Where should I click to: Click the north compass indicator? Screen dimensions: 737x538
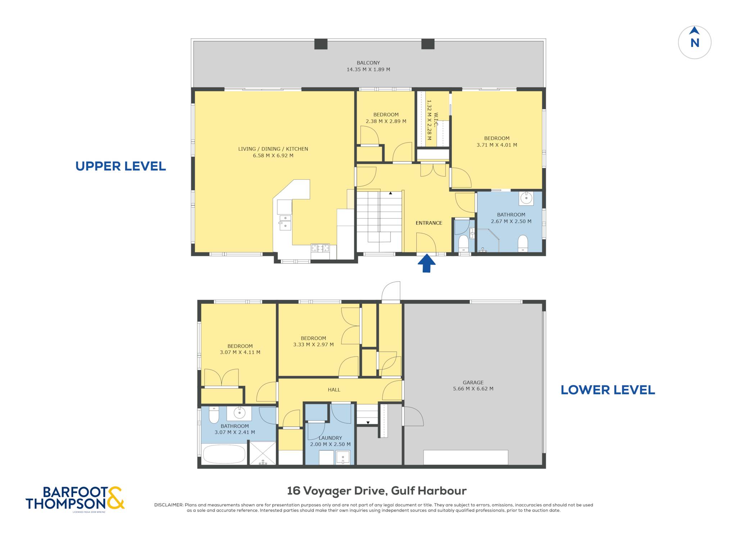(x=695, y=42)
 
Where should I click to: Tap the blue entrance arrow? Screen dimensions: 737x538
(x=426, y=263)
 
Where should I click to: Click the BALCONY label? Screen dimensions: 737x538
(x=368, y=63)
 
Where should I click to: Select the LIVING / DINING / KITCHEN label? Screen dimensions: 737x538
(x=273, y=149)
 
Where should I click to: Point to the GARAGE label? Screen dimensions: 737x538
(x=473, y=382)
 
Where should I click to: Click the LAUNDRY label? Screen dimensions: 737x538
(x=330, y=438)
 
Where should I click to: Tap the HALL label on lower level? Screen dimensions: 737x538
(x=334, y=390)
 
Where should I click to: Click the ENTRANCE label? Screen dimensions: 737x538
(x=429, y=223)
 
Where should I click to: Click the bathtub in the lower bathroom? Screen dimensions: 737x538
(x=224, y=454)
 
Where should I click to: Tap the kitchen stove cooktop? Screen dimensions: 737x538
(x=320, y=248)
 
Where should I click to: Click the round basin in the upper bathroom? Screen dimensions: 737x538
(x=526, y=198)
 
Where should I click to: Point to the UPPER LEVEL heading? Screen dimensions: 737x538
(x=121, y=166)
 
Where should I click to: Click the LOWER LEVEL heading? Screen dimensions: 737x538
(x=608, y=390)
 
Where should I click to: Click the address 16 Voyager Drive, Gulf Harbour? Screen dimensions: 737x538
(x=377, y=490)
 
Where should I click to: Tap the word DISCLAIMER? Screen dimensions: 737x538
(x=168, y=505)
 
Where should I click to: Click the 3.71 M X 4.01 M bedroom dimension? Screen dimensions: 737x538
(x=497, y=145)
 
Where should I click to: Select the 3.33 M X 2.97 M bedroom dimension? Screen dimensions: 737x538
(x=313, y=345)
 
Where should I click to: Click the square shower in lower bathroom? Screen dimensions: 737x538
(x=263, y=453)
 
